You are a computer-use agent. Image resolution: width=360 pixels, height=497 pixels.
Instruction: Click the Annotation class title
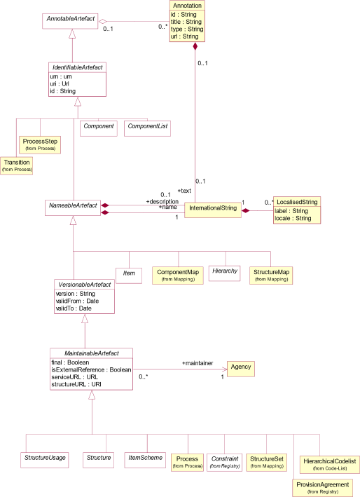pyautogui.click(x=187, y=5)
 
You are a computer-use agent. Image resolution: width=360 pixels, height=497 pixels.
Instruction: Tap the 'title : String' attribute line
pyautogui.click(x=186, y=22)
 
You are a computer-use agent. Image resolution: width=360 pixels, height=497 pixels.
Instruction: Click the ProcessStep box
pyautogui.click(x=40, y=144)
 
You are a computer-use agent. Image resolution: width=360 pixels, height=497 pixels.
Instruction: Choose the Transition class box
pyautogui.click(x=17, y=165)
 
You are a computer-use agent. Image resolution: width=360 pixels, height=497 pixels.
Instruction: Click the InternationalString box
pyautogui.click(x=214, y=208)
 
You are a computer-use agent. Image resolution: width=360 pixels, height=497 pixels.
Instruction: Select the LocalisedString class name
pyautogui.click(x=296, y=202)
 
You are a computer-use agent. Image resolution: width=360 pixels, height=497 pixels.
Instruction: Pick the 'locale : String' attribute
pyautogui.click(x=293, y=219)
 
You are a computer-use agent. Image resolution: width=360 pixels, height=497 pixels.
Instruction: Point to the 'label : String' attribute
pyautogui.click(x=291, y=211)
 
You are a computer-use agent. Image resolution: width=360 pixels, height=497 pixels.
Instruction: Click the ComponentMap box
pyautogui.click(x=178, y=275)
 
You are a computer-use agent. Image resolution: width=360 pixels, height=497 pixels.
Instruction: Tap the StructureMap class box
pyautogui.click(x=270, y=275)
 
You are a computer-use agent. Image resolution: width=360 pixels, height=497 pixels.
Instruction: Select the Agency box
pyautogui.click(x=240, y=367)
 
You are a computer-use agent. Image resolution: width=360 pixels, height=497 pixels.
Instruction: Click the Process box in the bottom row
pyautogui.click(x=187, y=462)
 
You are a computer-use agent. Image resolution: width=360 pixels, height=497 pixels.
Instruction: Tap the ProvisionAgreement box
pyautogui.click(x=322, y=487)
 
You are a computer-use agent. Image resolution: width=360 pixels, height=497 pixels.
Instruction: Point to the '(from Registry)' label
pyautogui.click(x=322, y=492)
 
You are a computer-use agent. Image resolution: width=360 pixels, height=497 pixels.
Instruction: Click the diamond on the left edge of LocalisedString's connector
pyautogui.click(x=246, y=210)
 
